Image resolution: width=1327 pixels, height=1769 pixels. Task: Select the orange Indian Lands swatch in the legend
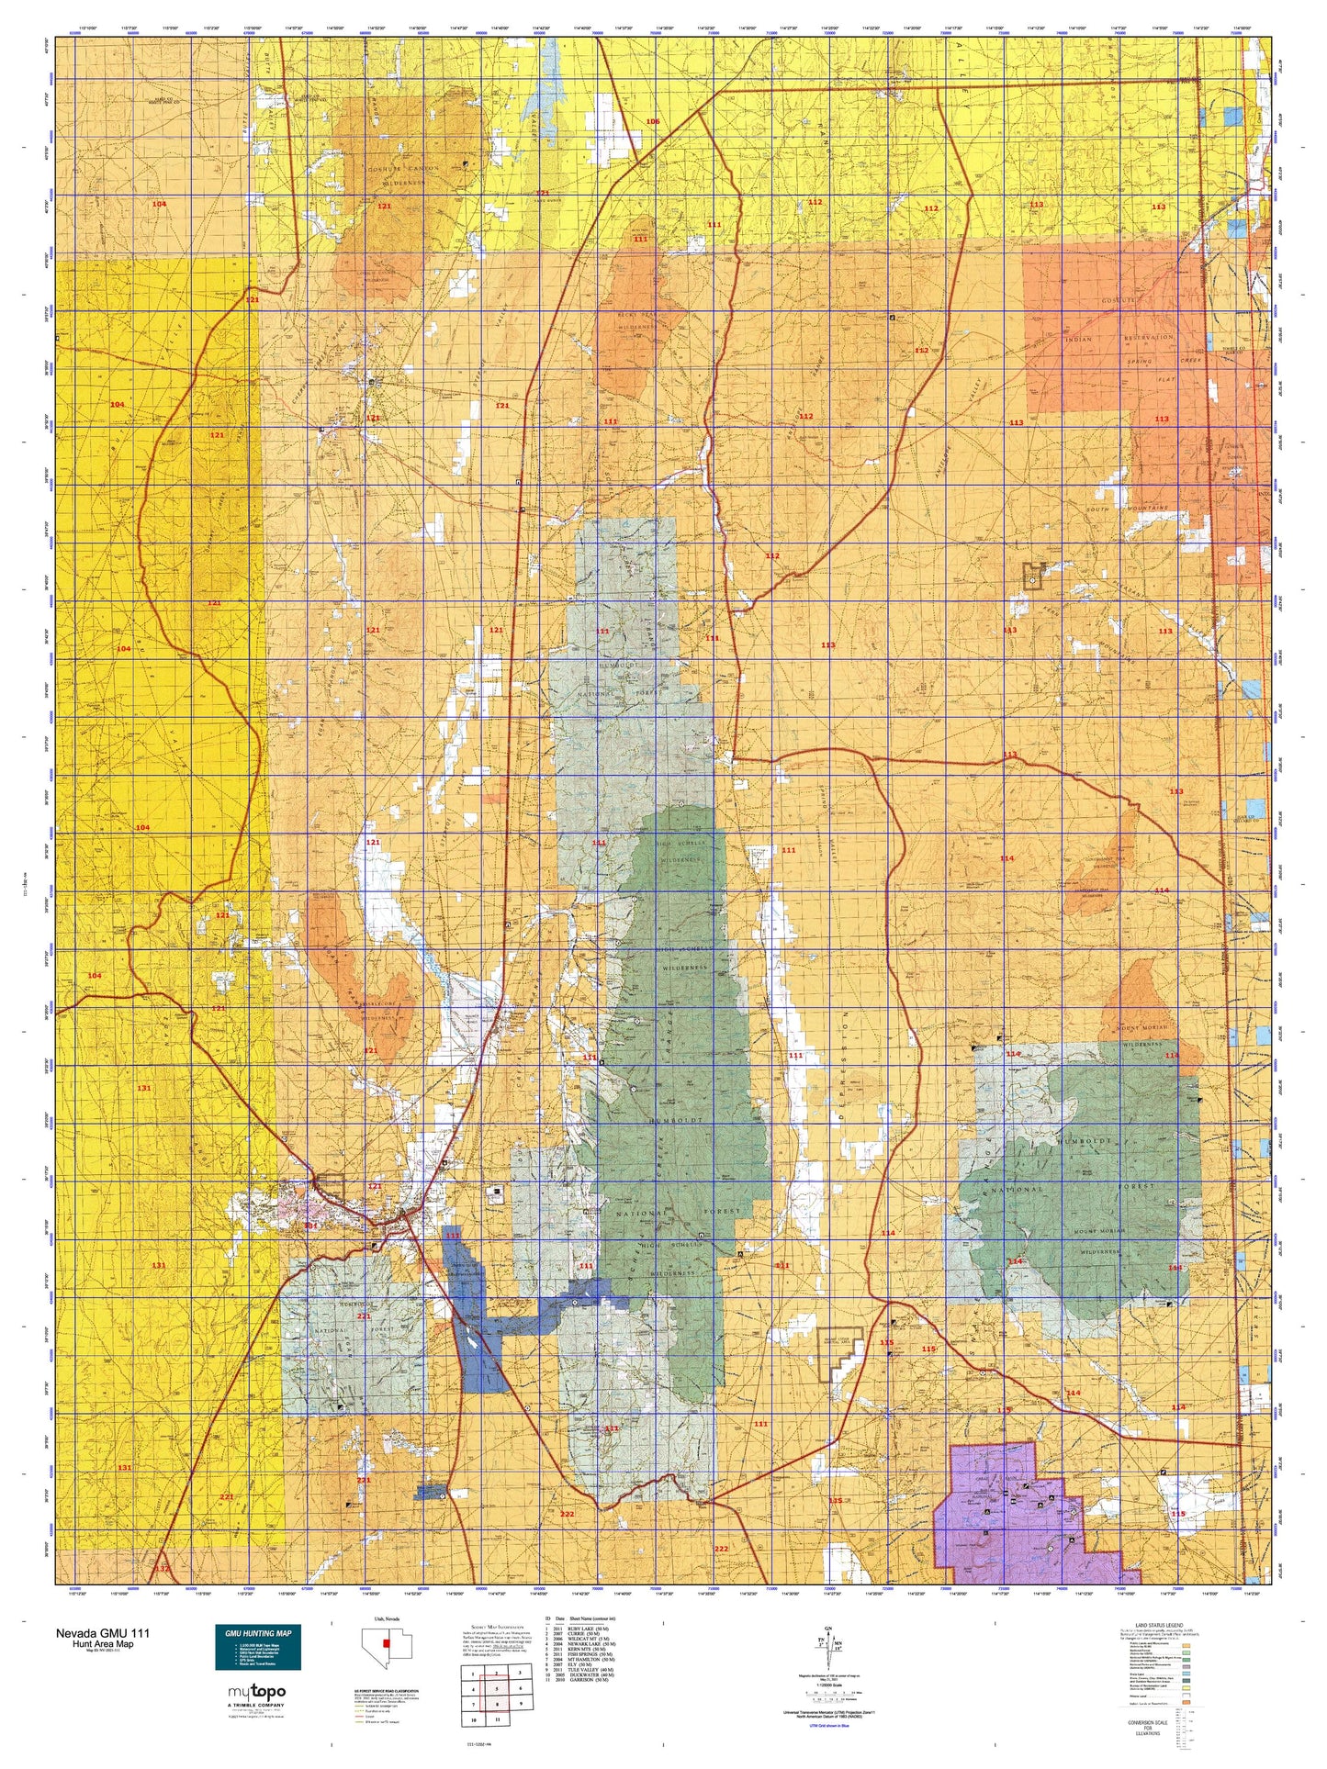tap(1186, 1703)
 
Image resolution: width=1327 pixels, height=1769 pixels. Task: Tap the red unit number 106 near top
tap(652, 122)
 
